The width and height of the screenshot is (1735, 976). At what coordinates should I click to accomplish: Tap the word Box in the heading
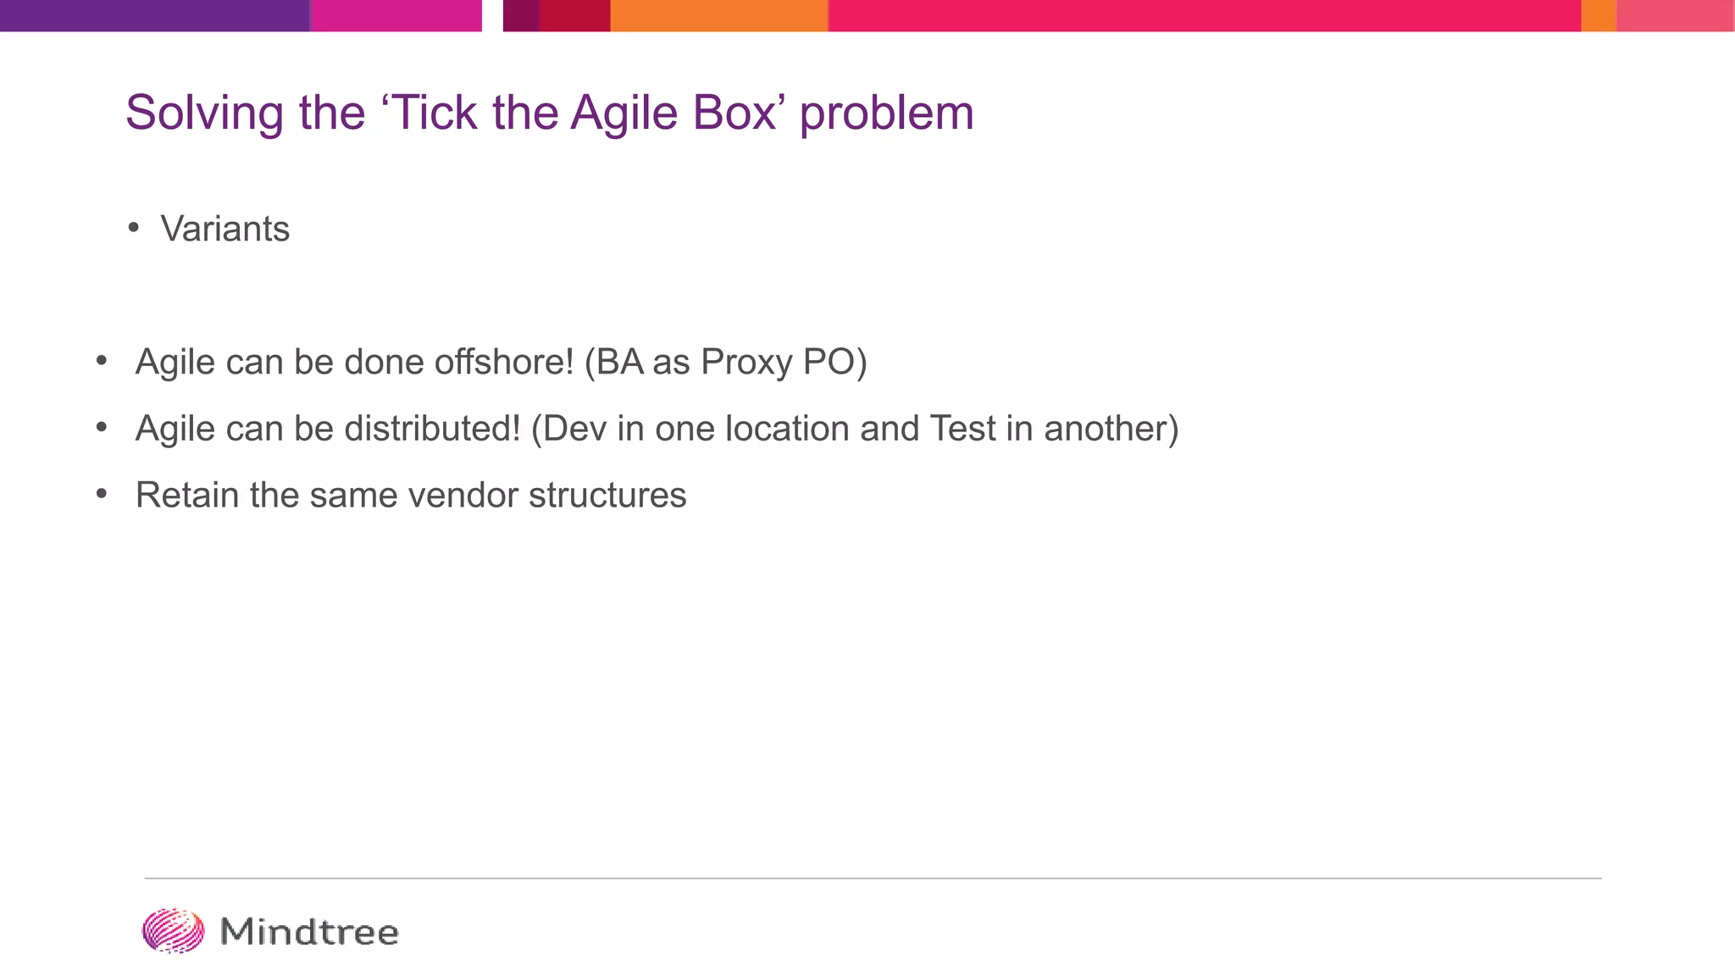[x=734, y=112]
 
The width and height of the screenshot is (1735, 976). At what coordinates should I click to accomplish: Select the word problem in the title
[x=886, y=114]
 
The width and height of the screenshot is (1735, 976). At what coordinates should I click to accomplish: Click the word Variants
[x=225, y=229]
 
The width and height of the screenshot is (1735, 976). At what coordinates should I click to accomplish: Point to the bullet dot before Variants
[x=134, y=227]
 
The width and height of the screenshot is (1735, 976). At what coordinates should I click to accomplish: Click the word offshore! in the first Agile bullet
[x=504, y=362]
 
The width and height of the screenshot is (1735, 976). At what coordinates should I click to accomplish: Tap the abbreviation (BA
[x=613, y=362]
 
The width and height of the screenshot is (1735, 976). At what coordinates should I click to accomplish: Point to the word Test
[x=962, y=428]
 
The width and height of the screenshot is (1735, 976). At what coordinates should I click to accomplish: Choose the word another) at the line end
[x=1111, y=428]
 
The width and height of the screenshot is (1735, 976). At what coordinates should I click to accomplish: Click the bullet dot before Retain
[x=102, y=493]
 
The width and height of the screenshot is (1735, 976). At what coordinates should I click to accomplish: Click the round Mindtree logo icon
[x=173, y=931]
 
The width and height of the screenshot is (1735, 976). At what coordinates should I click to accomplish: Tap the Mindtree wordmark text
[x=309, y=932]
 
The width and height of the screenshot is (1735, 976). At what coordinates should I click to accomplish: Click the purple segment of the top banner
[x=154, y=15]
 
